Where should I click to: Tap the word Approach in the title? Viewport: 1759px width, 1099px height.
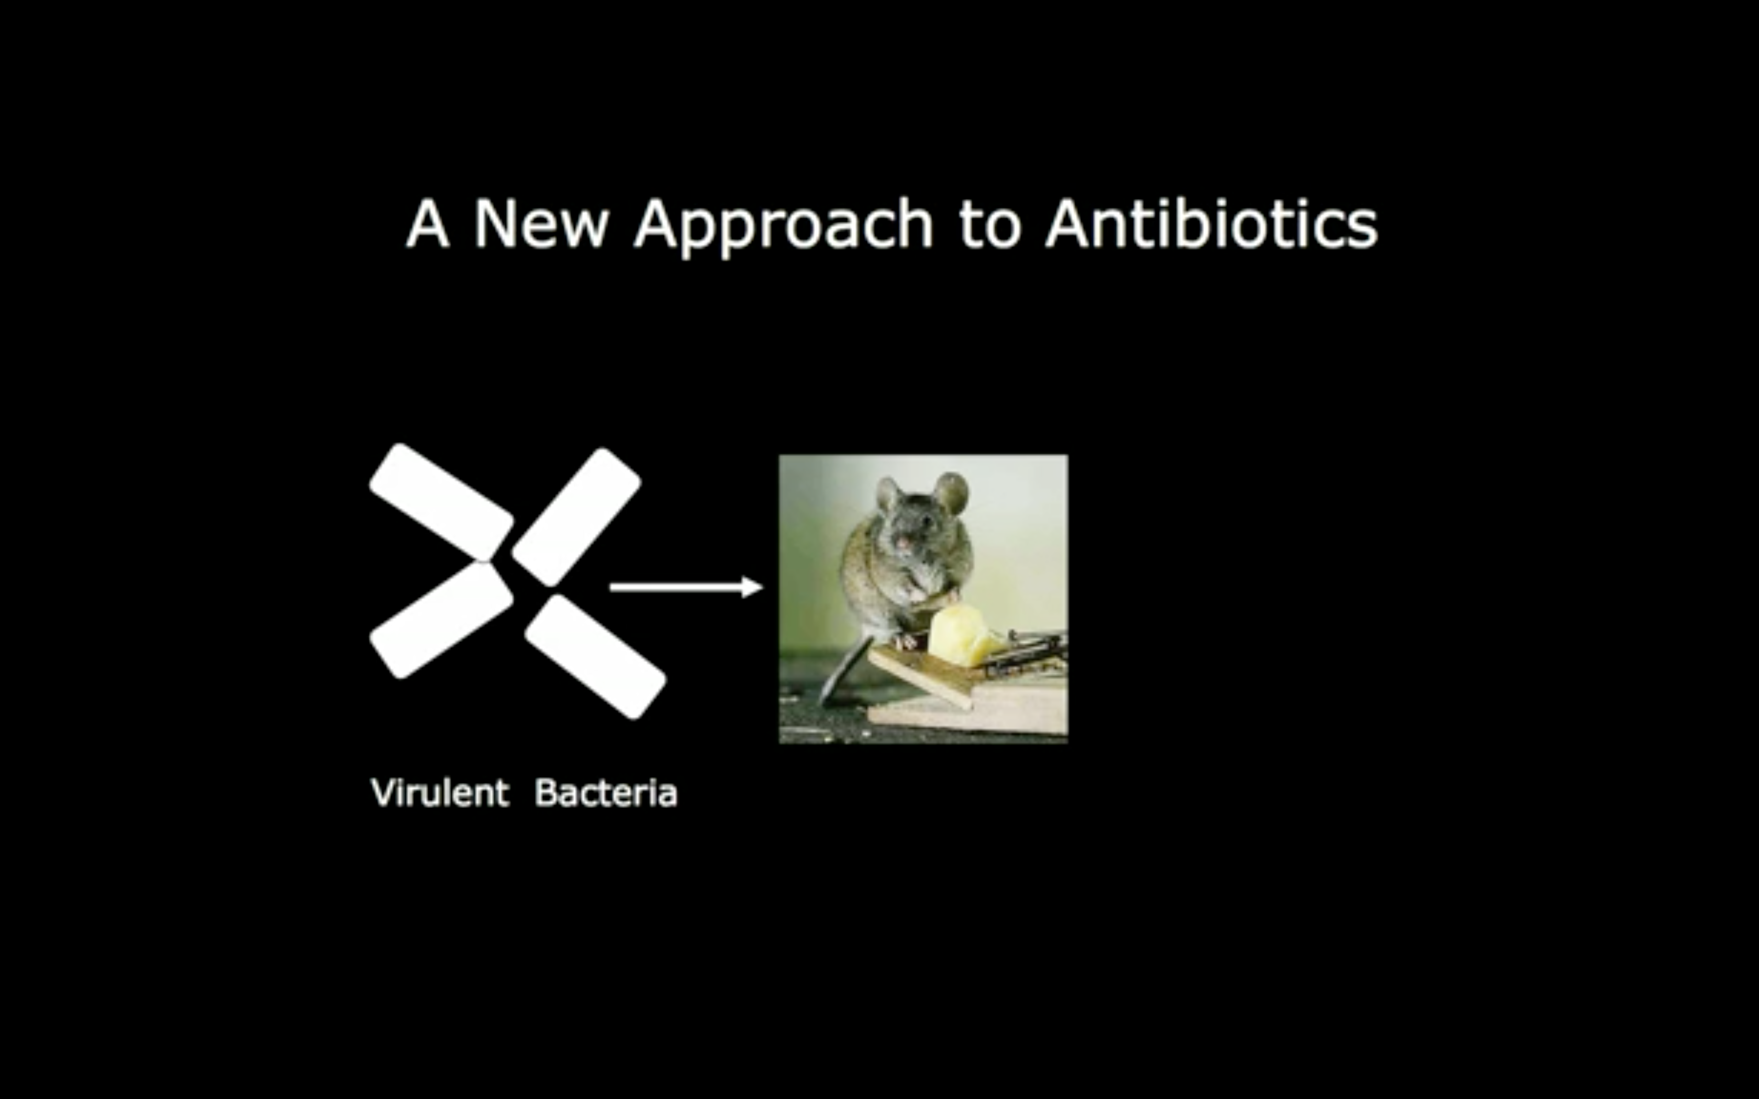coord(784,228)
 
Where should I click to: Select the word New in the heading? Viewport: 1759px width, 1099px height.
coord(541,224)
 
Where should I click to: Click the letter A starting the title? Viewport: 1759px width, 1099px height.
coord(427,224)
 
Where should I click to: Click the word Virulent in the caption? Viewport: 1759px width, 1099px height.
coord(440,792)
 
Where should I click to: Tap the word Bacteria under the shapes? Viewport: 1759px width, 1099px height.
coord(606,792)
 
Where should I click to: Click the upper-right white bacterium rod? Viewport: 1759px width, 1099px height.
coord(576,517)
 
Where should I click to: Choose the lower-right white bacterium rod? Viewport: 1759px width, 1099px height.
coord(595,656)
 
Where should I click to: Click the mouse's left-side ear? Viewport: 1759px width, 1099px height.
coord(888,494)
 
